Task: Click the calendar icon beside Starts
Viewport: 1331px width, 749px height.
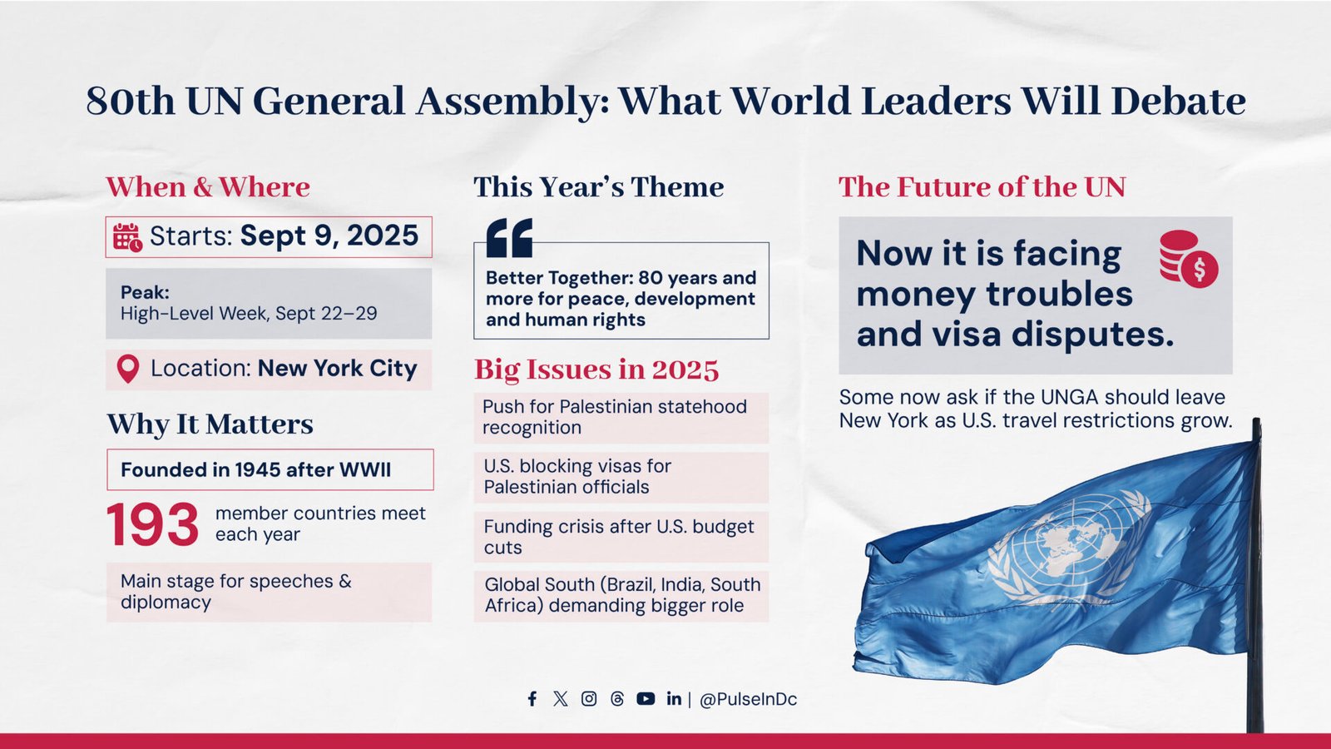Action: [x=128, y=237]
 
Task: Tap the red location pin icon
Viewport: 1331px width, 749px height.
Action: [x=128, y=370]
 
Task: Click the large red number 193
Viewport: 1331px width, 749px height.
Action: [x=153, y=524]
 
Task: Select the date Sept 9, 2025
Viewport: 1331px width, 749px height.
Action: [x=329, y=236]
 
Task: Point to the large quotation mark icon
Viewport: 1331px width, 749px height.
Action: [x=509, y=238]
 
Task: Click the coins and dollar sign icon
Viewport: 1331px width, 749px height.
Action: [x=1189, y=259]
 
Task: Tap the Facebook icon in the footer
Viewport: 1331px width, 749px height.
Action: [x=532, y=698]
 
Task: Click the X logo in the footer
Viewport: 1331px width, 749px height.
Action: [x=560, y=698]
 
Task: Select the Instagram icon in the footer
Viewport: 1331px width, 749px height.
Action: [x=589, y=698]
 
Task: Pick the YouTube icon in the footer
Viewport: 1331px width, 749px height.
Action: [x=646, y=698]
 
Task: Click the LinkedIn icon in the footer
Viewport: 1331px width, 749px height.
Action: [x=674, y=698]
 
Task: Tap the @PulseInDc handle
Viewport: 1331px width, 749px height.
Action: [x=748, y=699]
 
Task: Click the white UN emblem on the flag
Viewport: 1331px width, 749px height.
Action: [x=1068, y=548]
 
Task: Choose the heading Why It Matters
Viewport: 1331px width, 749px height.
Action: [x=210, y=424]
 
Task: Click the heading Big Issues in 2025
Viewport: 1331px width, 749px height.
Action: [x=596, y=370]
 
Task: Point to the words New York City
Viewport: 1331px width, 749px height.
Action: [x=338, y=368]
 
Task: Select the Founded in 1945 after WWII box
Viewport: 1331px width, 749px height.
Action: [x=270, y=469]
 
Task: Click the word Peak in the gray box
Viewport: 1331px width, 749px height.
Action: [x=145, y=292]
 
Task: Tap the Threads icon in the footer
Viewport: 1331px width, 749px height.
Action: [x=617, y=698]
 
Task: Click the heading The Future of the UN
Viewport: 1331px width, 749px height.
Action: [x=982, y=186]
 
